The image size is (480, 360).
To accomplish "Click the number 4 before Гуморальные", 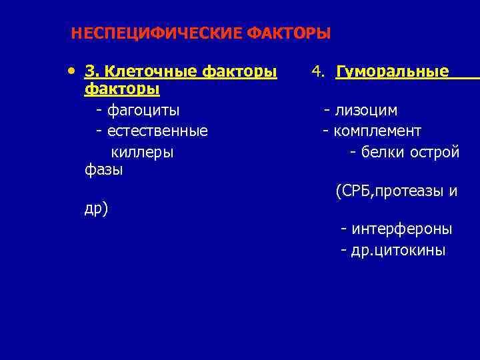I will coord(317,71).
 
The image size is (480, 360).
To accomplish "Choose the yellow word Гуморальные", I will coord(393,71).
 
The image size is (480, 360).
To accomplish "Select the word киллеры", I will coord(142,151).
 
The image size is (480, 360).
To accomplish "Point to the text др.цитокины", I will coord(399,251).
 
